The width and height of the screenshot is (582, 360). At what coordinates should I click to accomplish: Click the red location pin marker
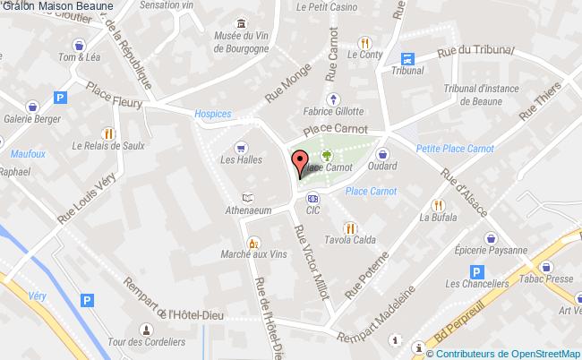coord(299,164)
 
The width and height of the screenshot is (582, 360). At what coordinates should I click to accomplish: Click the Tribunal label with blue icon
coord(407,69)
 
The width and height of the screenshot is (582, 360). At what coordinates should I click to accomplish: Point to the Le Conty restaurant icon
coord(364,42)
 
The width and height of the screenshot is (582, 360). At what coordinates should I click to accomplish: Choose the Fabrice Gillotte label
coord(333,112)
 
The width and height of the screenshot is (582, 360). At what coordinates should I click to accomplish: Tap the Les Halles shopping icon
coord(240,147)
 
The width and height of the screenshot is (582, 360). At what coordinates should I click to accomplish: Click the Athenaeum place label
coord(244,212)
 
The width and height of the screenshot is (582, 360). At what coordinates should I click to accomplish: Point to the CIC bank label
coord(312,211)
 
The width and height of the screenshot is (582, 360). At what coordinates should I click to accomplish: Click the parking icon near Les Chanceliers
coord(477,270)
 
